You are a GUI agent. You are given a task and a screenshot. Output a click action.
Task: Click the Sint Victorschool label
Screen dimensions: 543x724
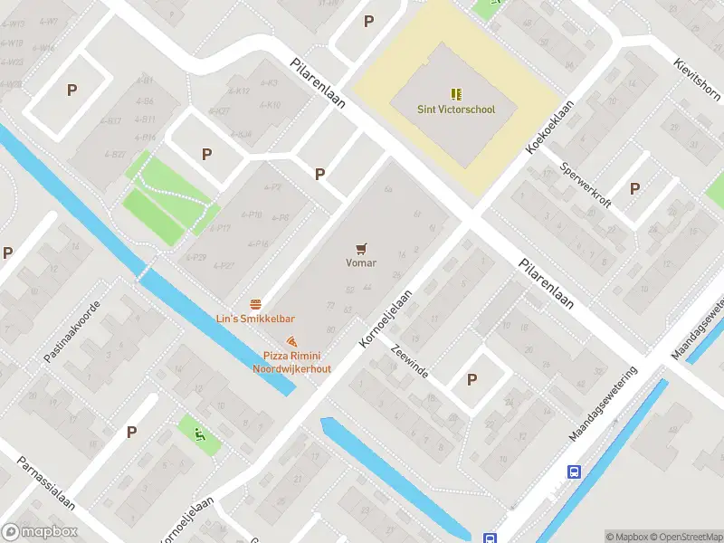(x=455, y=110)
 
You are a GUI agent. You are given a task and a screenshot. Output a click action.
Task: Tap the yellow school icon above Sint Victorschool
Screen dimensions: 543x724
(x=456, y=93)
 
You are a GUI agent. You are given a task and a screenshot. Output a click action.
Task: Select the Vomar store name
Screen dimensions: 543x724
(x=361, y=263)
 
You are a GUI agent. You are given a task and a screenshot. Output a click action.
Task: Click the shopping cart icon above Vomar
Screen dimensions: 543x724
(x=362, y=247)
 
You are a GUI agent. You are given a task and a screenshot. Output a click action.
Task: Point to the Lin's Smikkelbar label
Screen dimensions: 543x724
(x=255, y=319)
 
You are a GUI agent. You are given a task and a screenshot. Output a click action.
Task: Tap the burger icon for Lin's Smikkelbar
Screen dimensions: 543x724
(x=256, y=303)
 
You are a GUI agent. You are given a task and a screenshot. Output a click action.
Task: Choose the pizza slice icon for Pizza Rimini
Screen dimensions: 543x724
(x=291, y=341)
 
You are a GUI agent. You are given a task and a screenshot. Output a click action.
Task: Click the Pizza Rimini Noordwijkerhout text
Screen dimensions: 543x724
(x=291, y=362)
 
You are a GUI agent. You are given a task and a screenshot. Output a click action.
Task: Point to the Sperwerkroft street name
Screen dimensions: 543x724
(x=586, y=185)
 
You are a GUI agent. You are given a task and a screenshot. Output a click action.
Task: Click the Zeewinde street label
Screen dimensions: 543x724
(x=410, y=360)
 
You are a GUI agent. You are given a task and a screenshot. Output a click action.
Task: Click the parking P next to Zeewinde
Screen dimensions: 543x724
(x=472, y=380)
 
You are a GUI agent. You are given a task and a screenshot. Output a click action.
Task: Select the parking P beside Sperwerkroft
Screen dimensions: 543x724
(x=634, y=189)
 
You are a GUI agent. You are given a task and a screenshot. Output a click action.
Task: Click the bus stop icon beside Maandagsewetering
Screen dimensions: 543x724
(x=574, y=472)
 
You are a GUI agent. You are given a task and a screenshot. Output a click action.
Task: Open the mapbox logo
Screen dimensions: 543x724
(x=40, y=532)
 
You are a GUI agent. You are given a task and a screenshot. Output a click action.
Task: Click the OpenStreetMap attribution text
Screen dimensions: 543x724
(x=686, y=537)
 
